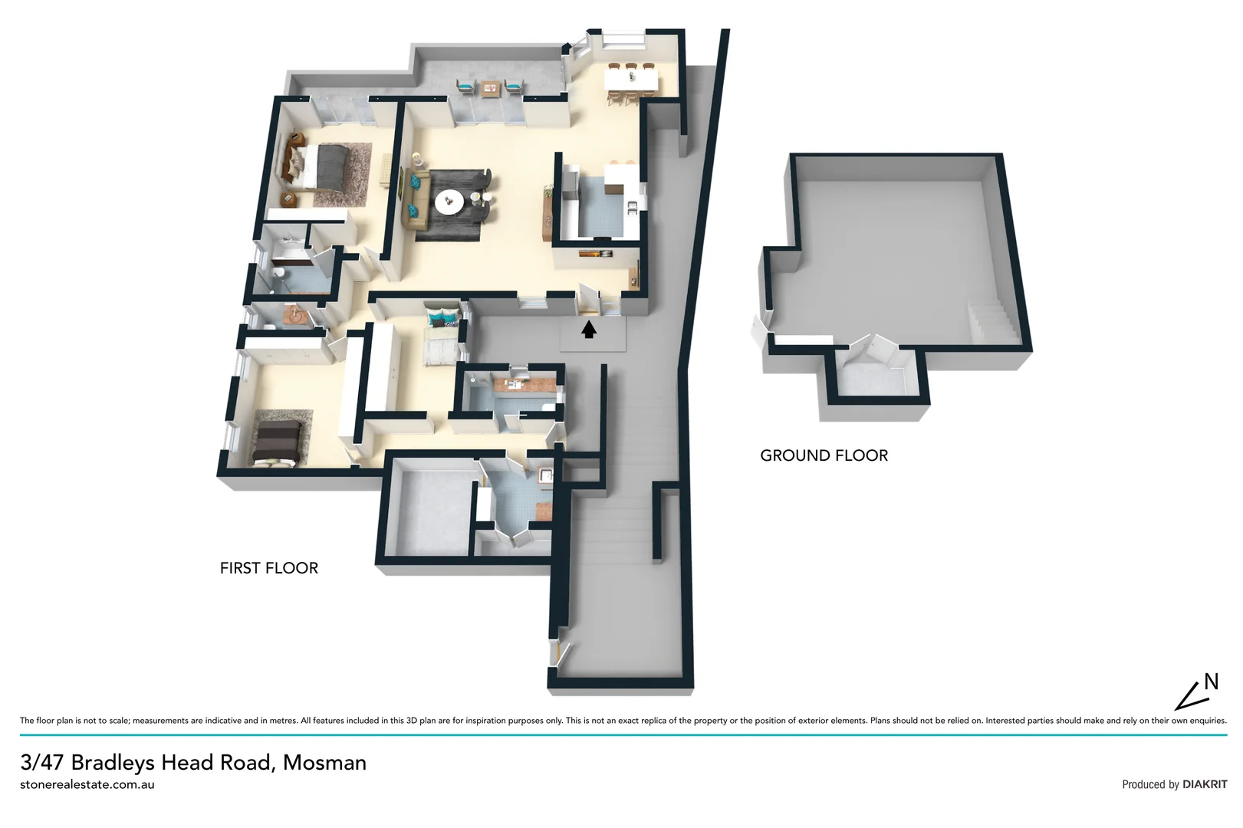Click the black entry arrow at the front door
pyautogui.click(x=588, y=330)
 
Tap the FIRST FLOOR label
pyautogui.click(x=268, y=568)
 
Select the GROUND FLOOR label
pyautogui.click(x=824, y=455)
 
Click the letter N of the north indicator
pyautogui.click(x=1211, y=681)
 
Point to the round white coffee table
pyautogui.click(x=449, y=202)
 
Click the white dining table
pyautogui.click(x=631, y=79)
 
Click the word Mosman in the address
pyautogui.click(x=324, y=763)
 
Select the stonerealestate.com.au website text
pyautogui.click(x=87, y=784)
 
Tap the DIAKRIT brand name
pyautogui.click(x=1205, y=784)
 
